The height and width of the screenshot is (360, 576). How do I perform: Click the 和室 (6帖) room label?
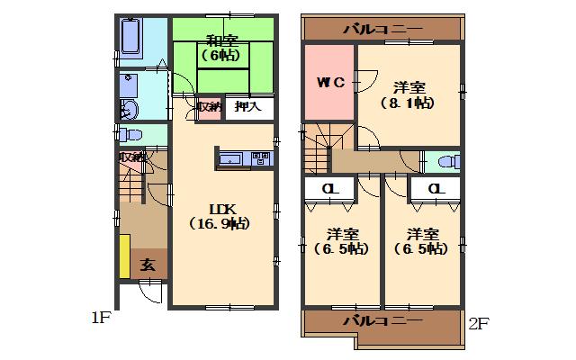click(220, 48)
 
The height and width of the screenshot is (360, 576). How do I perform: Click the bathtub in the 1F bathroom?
click(129, 37)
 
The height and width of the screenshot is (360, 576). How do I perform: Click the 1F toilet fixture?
click(131, 135)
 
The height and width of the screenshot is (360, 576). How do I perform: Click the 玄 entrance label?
click(148, 265)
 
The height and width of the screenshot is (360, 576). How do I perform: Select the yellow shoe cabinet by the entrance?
click(124, 256)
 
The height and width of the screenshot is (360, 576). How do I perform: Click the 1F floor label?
click(101, 317)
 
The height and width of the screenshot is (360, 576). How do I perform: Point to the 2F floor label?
click(478, 322)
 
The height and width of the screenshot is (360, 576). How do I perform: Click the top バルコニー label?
click(382, 30)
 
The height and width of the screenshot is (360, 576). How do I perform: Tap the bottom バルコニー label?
click(382, 320)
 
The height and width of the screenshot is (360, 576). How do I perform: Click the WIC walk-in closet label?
click(329, 83)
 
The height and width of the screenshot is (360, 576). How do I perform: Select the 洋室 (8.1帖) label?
click(409, 95)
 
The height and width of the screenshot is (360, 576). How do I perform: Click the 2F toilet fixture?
click(443, 163)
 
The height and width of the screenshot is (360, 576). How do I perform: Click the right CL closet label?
click(436, 189)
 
